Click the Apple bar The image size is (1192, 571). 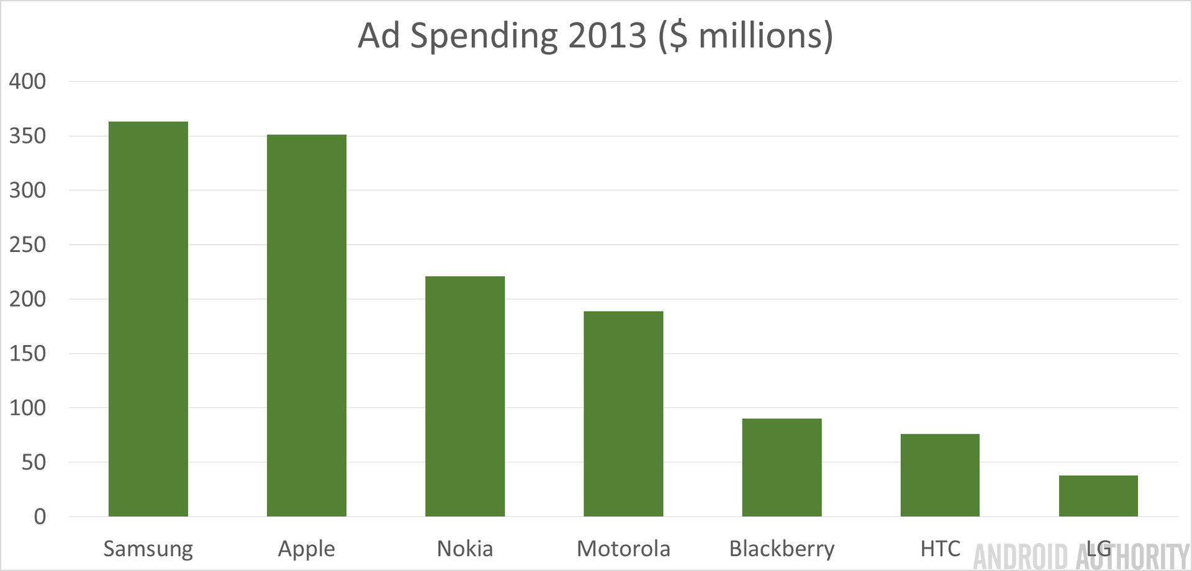tap(307, 325)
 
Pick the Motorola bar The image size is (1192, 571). tap(623, 413)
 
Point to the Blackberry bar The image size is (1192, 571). tap(782, 467)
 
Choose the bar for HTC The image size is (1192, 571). tap(940, 475)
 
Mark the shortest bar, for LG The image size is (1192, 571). tap(1098, 496)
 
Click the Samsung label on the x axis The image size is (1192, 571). tap(148, 549)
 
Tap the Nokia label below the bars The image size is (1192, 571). tap(465, 549)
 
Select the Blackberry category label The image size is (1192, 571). tap(782, 549)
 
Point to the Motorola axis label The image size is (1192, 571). tap(623, 549)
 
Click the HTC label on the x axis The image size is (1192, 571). tap(940, 549)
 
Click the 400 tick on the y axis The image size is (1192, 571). tap(27, 81)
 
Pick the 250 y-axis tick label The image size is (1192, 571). tap(27, 245)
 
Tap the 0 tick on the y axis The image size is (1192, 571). tap(40, 516)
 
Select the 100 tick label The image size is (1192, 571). tap(27, 408)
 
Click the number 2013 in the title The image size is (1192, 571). tap(607, 35)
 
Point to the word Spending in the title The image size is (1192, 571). tap(484, 37)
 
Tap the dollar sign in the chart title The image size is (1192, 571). tap(679, 35)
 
